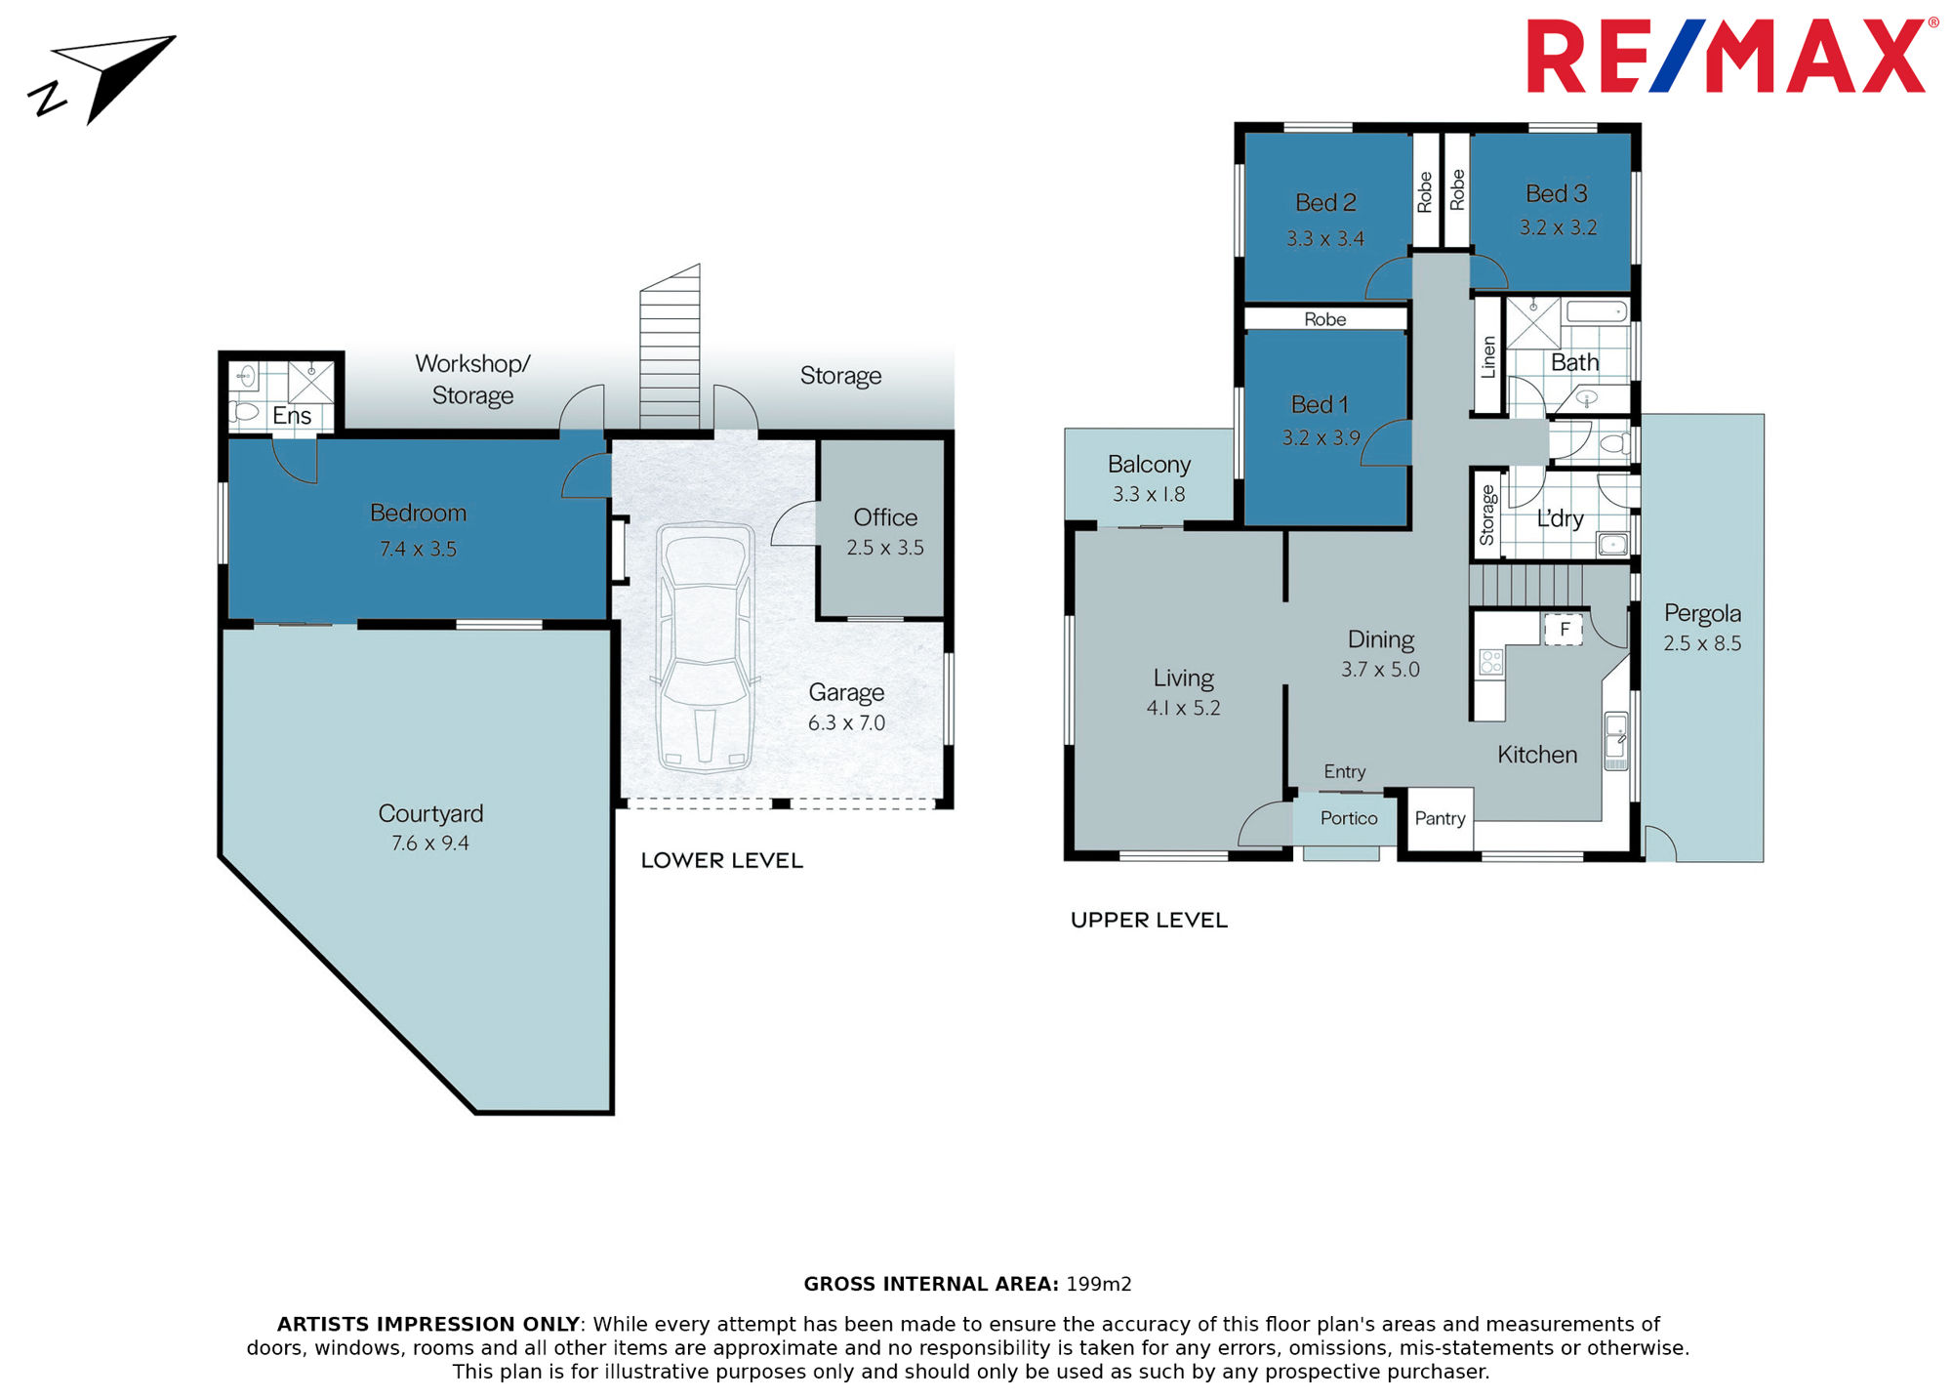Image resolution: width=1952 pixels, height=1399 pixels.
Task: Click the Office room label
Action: [x=885, y=517]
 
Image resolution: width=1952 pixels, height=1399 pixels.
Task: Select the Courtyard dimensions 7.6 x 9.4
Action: [x=430, y=844]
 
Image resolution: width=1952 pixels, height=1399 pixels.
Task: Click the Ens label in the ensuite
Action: [x=292, y=416]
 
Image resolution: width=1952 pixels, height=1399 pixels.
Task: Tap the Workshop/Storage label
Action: [x=472, y=379]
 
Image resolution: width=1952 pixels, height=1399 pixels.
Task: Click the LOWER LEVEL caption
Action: [x=722, y=861]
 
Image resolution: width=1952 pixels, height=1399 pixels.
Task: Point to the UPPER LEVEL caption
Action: [x=1149, y=921]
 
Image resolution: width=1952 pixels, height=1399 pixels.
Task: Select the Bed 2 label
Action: [x=1325, y=203]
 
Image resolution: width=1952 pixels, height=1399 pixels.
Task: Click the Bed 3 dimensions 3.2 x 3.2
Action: [x=1558, y=227]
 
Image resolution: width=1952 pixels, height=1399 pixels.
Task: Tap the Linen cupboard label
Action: [x=1488, y=357]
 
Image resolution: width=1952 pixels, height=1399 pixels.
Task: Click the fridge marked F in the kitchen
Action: [x=1564, y=630]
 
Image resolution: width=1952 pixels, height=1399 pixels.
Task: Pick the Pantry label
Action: [x=1440, y=818]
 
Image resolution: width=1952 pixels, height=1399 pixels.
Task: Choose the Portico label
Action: [x=1349, y=818]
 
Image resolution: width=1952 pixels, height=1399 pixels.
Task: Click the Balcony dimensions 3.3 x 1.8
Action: [x=1149, y=495]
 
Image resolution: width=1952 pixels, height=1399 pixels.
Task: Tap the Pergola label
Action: [x=1702, y=614]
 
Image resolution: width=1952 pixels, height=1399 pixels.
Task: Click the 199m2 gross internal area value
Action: [x=1099, y=1285]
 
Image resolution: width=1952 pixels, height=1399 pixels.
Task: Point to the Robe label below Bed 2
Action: [x=1324, y=319]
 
